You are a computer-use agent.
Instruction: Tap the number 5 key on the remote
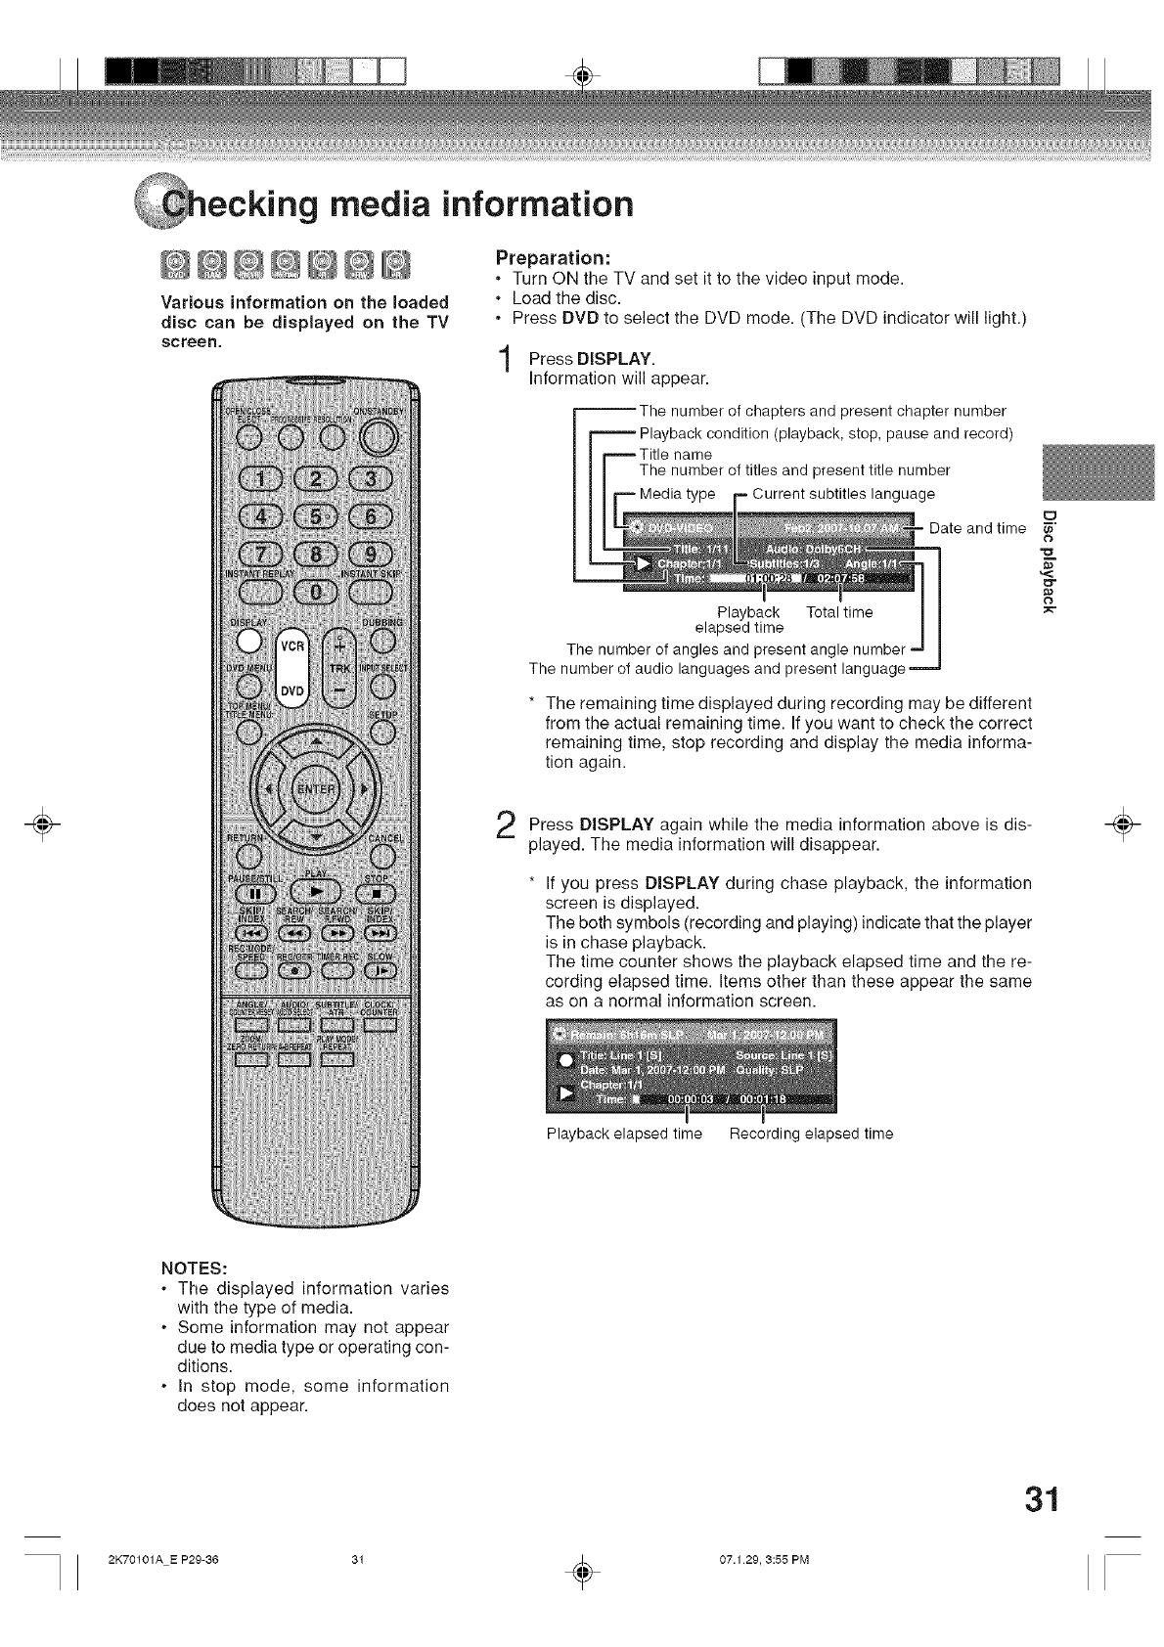[x=317, y=515]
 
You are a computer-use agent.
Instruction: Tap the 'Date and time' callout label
[x=977, y=529]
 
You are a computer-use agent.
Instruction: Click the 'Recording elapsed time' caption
[x=811, y=1134]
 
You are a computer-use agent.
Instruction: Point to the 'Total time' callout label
[x=839, y=612]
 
